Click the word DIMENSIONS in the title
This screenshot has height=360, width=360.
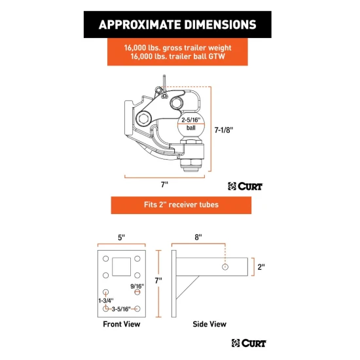220,25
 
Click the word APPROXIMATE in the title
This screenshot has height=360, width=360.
140,25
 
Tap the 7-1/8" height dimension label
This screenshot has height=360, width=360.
224,130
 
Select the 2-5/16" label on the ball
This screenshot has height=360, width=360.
190,120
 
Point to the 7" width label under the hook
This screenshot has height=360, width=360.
164,185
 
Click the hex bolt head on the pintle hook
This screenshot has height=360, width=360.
144,118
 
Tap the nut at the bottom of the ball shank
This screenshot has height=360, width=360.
190,164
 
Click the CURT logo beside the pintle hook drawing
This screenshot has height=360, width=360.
245,186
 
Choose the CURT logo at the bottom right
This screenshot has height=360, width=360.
249,343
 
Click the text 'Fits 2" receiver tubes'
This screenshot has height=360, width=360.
181,205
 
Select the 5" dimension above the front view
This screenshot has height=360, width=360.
122,238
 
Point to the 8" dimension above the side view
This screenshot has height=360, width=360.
198,237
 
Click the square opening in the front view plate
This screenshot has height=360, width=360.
122,266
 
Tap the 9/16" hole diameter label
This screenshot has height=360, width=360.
137,286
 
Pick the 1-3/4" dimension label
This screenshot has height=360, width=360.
106,300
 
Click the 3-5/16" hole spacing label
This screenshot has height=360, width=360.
121,309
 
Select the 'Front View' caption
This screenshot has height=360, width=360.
122,324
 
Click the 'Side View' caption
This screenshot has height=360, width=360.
209,324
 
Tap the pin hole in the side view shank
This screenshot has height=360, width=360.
225,267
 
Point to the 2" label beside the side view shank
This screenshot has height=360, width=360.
261,267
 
